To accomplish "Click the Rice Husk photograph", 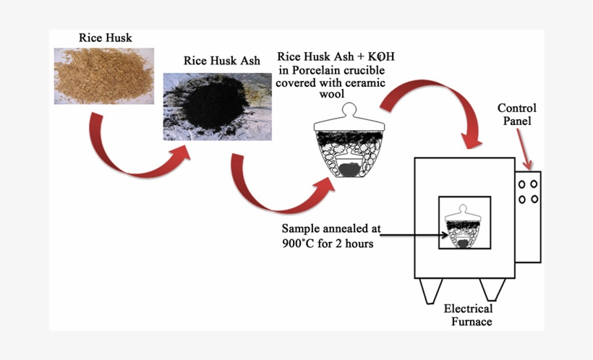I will coord(103,75).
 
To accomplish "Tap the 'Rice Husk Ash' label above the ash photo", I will coord(221,61).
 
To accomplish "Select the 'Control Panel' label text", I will coord(516,114).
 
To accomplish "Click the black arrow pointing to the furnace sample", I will coord(412,233).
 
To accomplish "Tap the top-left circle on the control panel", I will coord(522,184).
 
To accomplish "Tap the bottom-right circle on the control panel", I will coord(534,199).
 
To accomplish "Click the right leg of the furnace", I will coord(494,290).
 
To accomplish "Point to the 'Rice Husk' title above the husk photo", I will coord(105,38).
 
